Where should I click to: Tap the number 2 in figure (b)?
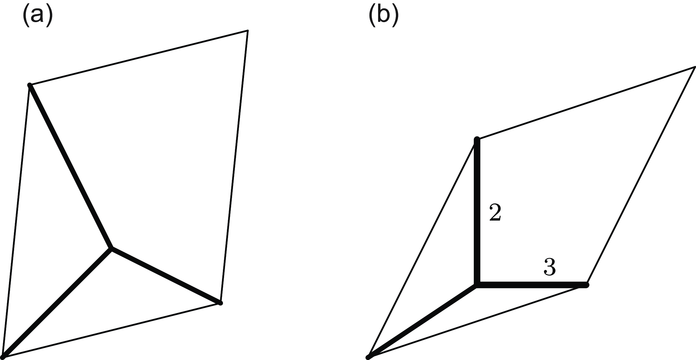[495, 212]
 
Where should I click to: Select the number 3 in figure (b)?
[550, 267]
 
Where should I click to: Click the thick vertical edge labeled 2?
[477, 212]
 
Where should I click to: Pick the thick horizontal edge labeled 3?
[531, 285]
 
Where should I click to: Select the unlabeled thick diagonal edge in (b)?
[423, 321]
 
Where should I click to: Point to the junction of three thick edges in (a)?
[111, 248]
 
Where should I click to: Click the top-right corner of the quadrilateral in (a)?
[247, 30]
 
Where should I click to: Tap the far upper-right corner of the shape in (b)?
[695, 67]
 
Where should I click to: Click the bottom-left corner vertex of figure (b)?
[368, 357]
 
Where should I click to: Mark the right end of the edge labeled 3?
[586, 285]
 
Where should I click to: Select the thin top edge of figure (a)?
[139, 58]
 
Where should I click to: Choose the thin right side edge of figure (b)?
[641, 176]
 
